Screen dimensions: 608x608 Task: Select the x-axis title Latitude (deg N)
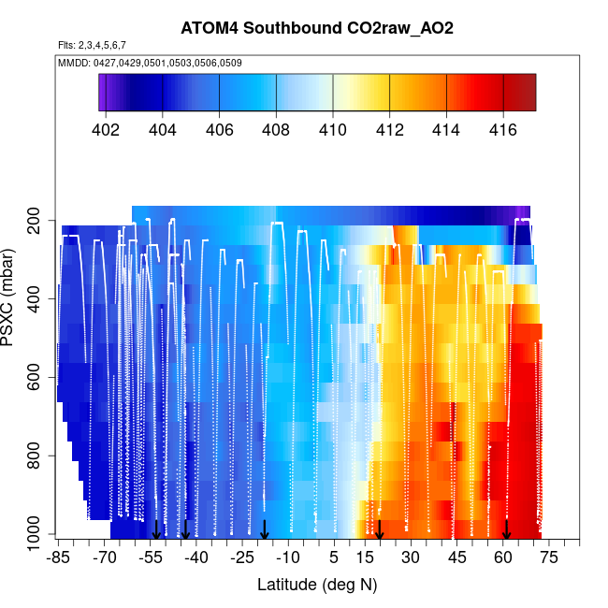coord(317,585)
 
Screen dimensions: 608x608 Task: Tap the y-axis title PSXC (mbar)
coord(12,297)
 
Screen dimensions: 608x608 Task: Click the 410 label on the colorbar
coord(333,129)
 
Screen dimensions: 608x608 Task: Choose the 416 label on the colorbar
coord(503,129)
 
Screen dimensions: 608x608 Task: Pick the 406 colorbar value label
coord(220,129)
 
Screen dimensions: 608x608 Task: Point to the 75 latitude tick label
coord(549,557)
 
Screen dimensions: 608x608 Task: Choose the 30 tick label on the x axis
coord(411,557)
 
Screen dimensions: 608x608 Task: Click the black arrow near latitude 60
coord(506,530)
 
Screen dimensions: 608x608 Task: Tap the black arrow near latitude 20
coord(380,530)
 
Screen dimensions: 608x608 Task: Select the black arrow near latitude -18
coord(265,530)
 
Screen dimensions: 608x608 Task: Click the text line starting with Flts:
coord(92,44)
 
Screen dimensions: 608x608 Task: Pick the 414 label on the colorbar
coord(447,129)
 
